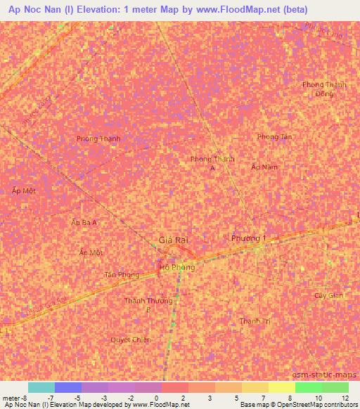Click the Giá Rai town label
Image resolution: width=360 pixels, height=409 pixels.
pos(173,240)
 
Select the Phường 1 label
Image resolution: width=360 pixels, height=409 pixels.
pos(249,239)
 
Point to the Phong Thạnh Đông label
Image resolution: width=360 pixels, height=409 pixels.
pos(324,89)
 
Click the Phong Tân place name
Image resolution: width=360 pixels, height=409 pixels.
pos(274,137)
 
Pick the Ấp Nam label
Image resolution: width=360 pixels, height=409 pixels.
pos(264,167)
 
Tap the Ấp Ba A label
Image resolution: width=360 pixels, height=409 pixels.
pos(84,222)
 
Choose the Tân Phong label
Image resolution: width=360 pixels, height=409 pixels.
pos(122,275)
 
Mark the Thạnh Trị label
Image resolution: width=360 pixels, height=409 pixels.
pos(255,320)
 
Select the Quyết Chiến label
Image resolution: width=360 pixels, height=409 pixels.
pos(131,339)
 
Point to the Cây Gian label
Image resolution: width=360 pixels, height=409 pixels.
pos(328,295)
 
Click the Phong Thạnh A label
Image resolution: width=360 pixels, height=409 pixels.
pos(212,164)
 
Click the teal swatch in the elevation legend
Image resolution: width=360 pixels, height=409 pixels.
pos(41,387)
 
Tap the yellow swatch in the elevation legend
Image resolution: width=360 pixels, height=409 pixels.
pos(281,387)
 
